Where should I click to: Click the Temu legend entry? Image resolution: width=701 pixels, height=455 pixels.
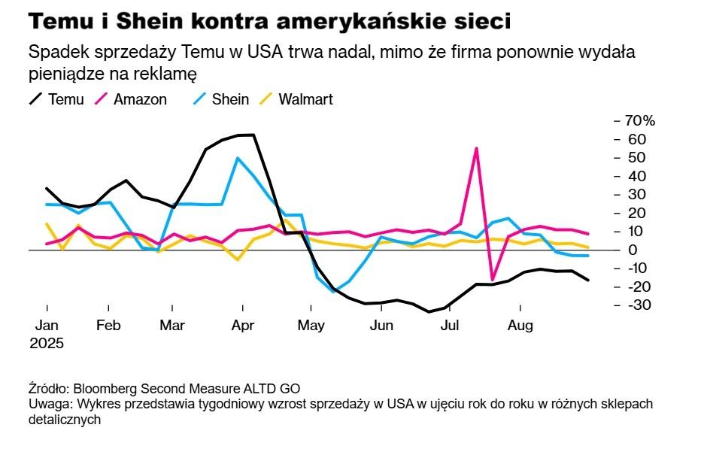click(x=64, y=99)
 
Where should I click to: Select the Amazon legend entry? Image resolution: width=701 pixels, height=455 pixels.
click(x=139, y=99)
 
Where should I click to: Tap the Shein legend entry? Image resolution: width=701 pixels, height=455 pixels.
click(x=229, y=99)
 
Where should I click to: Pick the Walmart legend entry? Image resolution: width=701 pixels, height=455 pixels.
click(x=305, y=99)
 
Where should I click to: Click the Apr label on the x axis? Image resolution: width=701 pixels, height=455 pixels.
click(x=242, y=326)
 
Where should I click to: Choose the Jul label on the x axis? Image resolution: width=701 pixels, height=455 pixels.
click(x=450, y=326)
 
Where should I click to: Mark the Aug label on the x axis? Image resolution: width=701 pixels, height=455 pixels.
click(x=520, y=326)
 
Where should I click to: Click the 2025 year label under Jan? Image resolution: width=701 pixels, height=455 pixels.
click(x=47, y=343)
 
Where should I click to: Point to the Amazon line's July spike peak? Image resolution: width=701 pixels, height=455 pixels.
click(x=476, y=148)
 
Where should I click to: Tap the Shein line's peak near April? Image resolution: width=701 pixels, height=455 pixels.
click(x=238, y=158)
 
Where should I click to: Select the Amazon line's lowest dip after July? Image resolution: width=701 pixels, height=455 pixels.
click(x=493, y=280)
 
